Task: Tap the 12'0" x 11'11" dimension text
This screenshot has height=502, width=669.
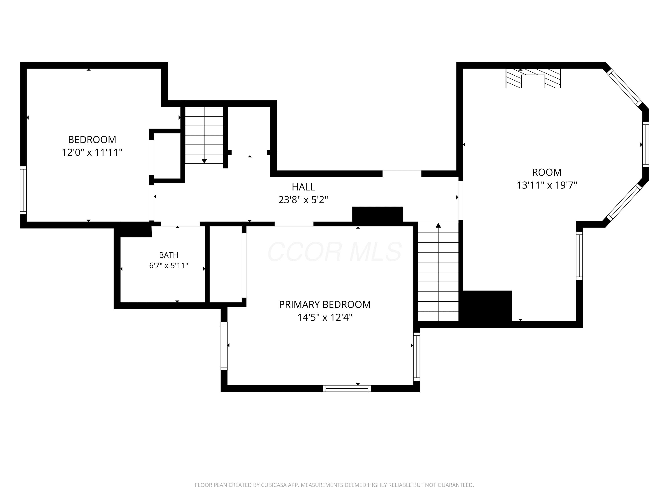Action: click(x=92, y=152)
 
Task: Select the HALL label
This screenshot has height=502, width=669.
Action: click(x=303, y=187)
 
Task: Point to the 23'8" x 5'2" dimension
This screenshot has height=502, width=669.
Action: click(x=303, y=200)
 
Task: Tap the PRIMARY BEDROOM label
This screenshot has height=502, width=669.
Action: click(x=325, y=304)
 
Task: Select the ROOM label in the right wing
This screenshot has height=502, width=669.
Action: click(x=547, y=172)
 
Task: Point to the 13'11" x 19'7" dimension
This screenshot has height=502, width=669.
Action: click(x=547, y=185)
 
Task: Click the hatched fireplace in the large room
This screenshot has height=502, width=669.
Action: click(x=533, y=78)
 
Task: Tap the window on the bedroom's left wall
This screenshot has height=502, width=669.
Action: click(x=23, y=190)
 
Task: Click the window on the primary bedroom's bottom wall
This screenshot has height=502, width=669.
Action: click(x=347, y=388)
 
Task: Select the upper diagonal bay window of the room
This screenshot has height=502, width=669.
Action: click(x=624, y=87)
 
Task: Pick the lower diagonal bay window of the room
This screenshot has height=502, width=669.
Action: click(x=624, y=202)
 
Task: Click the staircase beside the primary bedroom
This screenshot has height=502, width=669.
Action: click(x=438, y=272)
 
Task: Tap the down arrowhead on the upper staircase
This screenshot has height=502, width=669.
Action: click(x=204, y=161)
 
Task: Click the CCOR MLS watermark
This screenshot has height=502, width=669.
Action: click(x=335, y=252)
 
